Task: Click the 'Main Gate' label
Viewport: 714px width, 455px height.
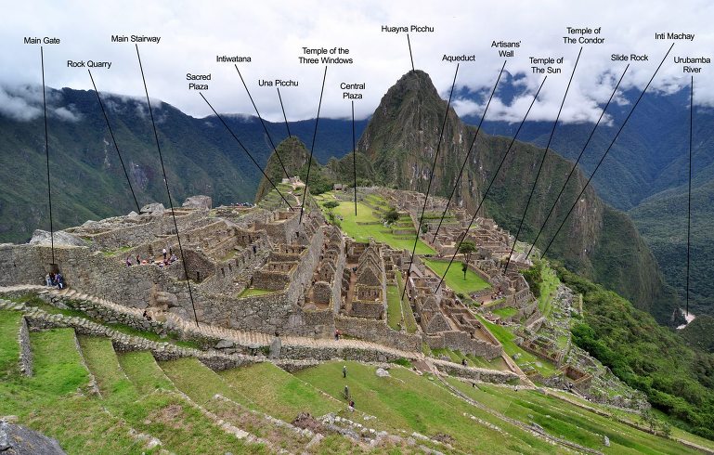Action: (42, 41)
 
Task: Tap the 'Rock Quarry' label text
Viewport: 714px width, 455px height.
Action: (89, 64)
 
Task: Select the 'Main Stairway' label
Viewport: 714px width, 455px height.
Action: (136, 39)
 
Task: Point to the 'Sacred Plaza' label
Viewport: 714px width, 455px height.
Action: (199, 82)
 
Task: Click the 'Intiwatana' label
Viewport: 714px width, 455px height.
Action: (234, 58)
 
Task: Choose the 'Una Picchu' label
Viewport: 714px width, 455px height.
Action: (279, 83)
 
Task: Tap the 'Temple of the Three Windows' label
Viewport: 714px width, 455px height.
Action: (326, 56)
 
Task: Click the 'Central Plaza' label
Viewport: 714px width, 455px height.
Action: (353, 91)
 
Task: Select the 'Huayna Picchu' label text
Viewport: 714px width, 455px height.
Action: (408, 29)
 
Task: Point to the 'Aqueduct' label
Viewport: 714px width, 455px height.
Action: (459, 58)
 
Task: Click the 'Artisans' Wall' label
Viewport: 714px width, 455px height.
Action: (506, 48)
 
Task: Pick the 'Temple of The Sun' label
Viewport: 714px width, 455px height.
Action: (546, 65)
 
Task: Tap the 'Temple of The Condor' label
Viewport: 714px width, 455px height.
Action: (583, 35)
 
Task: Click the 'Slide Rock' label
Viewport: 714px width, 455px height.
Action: (630, 58)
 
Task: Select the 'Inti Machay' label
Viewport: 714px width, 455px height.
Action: (674, 36)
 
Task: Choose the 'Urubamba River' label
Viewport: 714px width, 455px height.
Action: (692, 65)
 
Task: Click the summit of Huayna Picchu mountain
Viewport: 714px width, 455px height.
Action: (415, 71)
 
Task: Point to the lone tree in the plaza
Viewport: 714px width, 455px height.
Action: (466, 256)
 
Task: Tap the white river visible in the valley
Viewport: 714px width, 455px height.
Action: (685, 318)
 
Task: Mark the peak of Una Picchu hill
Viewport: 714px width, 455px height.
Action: (292, 138)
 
